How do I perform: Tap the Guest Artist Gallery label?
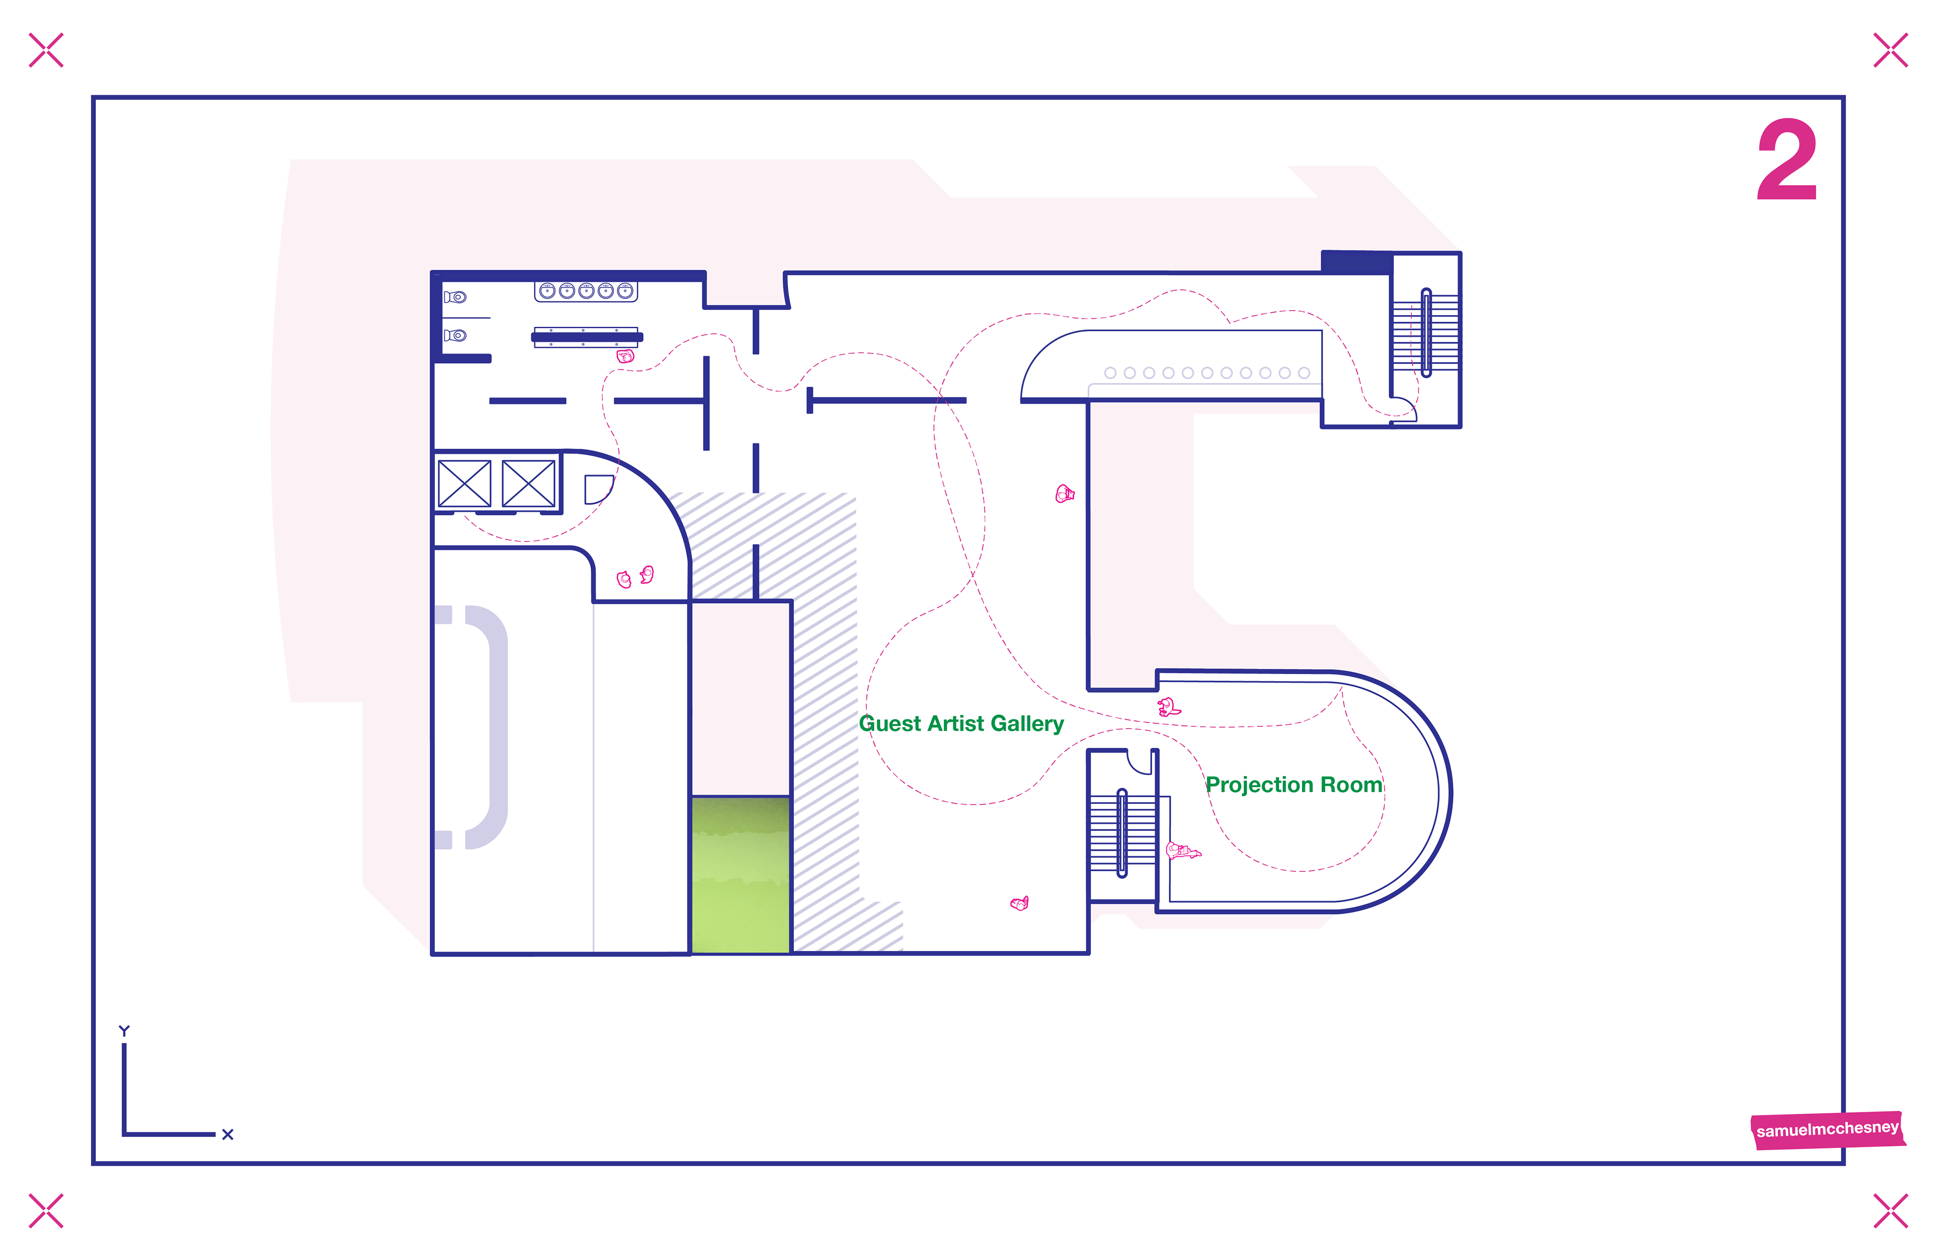point(961,724)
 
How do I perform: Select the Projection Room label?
point(1294,785)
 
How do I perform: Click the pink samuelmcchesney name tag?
point(1827,1129)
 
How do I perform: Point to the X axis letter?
point(227,1134)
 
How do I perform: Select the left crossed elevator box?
point(464,483)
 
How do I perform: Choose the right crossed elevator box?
point(528,483)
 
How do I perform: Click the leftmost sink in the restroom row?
point(547,290)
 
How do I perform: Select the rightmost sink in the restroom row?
point(625,290)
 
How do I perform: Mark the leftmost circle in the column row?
point(1110,373)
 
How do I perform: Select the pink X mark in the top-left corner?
point(45,50)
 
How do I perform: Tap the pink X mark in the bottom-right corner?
point(1890,1211)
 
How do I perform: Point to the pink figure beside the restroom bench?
point(625,355)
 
